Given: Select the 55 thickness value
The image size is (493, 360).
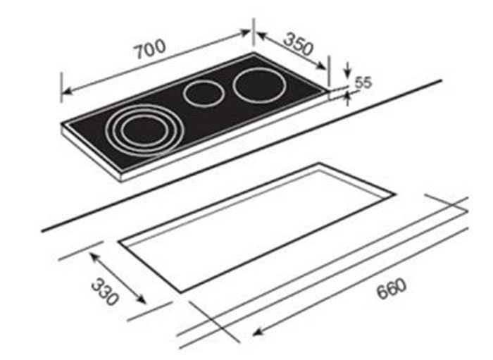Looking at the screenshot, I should (x=363, y=82).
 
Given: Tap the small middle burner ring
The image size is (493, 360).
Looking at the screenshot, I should (x=202, y=94).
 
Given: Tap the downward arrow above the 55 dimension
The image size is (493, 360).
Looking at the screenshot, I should (x=347, y=73).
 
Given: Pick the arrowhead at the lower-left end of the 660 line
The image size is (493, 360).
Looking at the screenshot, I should (x=255, y=334).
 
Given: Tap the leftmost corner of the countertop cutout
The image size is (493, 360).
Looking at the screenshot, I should (x=119, y=242).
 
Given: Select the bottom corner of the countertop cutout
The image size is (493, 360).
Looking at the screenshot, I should (x=182, y=292).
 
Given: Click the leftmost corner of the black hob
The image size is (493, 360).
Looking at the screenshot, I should (x=62, y=127).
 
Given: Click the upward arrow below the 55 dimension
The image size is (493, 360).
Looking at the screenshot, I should (x=347, y=98).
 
